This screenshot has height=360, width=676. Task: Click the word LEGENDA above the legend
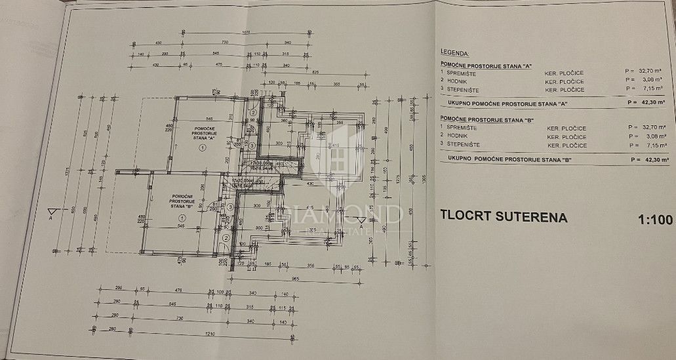tap(456, 52)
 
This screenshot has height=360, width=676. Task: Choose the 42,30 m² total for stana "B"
tap(648, 159)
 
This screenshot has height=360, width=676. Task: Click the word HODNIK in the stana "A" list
tap(459, 81)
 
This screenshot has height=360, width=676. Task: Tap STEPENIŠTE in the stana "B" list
tap(464, 144)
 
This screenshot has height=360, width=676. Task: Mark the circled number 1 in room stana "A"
tap(202, 148)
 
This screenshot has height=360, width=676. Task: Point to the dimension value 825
tap(315, 71)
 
